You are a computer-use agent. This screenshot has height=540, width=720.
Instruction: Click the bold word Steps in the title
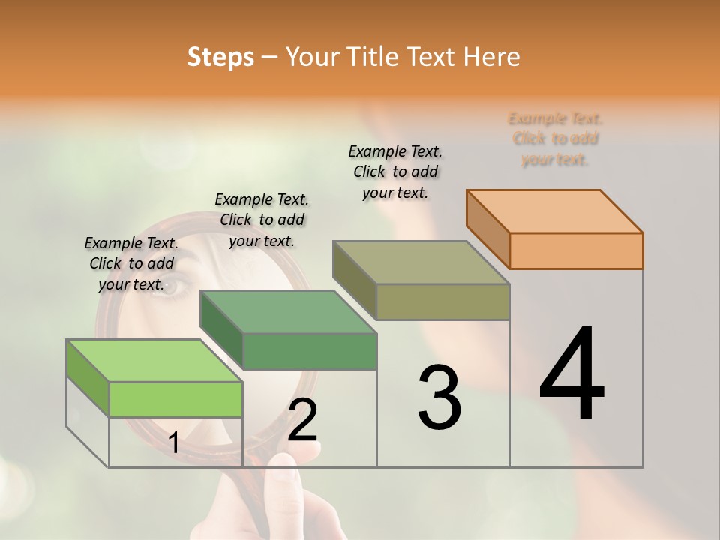pos(220,57)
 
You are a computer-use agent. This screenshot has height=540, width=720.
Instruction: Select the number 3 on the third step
pos(439,397)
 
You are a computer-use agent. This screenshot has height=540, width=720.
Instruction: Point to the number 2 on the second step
pos(302,420)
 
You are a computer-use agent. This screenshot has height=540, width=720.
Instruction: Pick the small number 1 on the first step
pos(173,443)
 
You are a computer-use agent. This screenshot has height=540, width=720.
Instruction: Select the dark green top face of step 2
pos(288,312)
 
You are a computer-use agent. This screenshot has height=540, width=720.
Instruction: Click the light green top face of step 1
pos(154,361)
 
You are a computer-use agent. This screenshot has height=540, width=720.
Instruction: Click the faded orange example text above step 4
pos(555,139)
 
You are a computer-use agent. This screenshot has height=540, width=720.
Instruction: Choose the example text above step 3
pos(395,172)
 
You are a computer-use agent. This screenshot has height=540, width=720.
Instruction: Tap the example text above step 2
pos(262,220)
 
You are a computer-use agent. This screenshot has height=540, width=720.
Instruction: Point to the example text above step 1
pos(131,263)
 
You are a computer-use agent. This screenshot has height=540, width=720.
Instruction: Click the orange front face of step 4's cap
pos(576,250)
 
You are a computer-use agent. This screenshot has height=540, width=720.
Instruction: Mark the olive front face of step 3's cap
pos(442,301)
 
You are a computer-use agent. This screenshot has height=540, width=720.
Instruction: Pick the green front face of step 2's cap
pos(310,351)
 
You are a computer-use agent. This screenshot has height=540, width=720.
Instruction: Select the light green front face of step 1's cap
pos(175,399)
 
